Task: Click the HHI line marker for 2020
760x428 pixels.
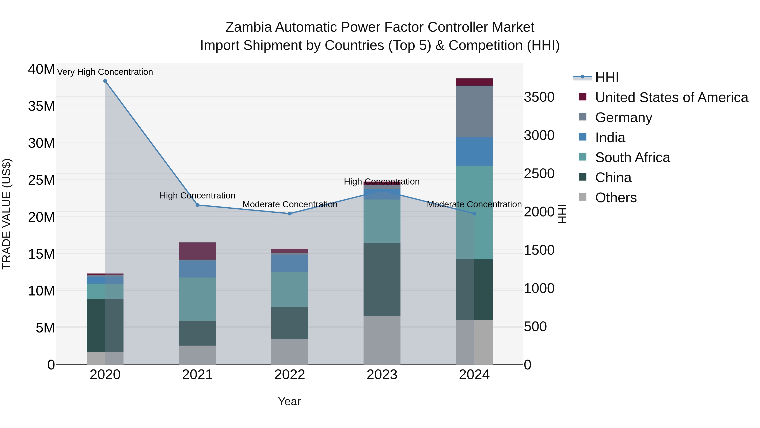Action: point(105,81)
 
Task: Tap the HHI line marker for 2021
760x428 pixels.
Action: point(197,205)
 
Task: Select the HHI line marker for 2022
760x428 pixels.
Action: point(290,213)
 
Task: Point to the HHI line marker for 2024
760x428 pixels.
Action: point(474,213)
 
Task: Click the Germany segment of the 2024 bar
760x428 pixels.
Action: point(474,112)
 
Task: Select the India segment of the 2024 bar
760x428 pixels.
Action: point(474,152)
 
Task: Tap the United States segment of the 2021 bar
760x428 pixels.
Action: point(197,251)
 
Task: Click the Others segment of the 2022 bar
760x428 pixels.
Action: point(290,352)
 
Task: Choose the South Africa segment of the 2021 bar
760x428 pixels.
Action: point(197,299)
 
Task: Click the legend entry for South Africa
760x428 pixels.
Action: point(632,157)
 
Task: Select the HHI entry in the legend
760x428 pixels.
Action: point(607,77)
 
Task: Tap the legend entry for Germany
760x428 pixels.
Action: point(623,118)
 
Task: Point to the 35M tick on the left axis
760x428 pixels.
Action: point(41,106)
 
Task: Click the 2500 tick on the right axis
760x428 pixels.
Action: point(539,174)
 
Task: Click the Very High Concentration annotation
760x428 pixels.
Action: point(105,72)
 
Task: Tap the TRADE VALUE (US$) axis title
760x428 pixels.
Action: point(7,214)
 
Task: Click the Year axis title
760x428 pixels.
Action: point(289,401)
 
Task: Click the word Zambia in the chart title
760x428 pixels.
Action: point(248,27)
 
